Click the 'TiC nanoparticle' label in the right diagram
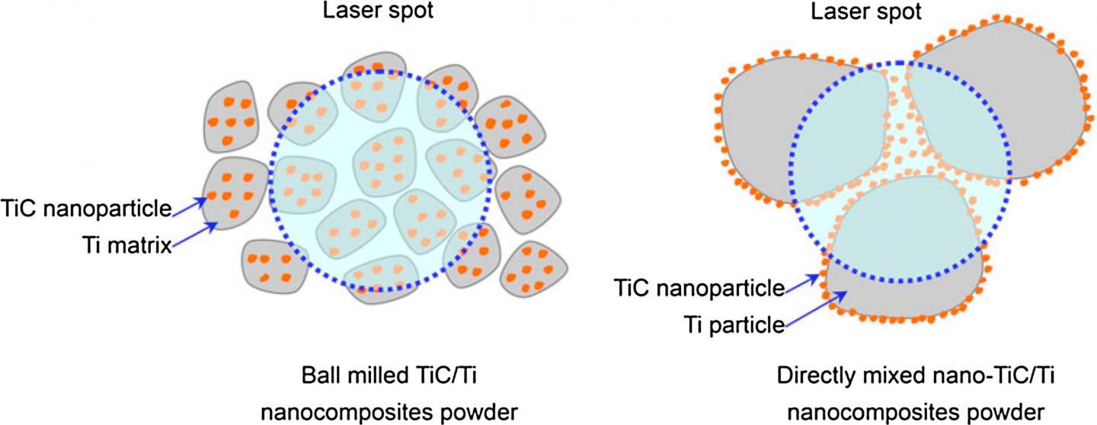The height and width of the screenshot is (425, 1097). click(x=699, y=288)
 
